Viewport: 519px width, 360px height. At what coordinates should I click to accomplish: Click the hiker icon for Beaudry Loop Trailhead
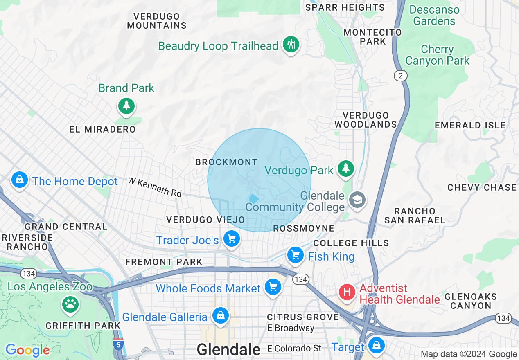(x=291, y=44)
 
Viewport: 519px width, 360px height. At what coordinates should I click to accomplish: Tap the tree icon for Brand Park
(x=126, y=106)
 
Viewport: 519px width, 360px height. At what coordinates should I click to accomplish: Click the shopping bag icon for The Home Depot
(x=19, y=180)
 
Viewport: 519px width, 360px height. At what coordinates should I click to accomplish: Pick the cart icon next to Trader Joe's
(x=232, y=239)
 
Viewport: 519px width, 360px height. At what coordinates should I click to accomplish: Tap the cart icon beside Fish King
(x=295, y=255)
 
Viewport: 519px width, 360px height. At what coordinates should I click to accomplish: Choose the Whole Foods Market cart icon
(x=273, y=287)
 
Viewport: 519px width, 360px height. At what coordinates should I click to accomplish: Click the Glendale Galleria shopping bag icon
(x=220, y=315)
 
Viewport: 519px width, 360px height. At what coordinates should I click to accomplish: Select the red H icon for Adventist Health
(x=347, y=292)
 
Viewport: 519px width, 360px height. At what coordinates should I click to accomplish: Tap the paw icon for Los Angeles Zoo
(x=70, y=304)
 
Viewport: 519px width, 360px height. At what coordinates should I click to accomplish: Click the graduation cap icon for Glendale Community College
(x=357, y=200)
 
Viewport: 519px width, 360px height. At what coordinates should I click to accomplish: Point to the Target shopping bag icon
(x=376, y=346)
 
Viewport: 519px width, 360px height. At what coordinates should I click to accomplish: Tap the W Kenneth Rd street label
(x=154, y=187)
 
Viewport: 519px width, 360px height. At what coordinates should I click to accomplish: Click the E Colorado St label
(x=294, y=349)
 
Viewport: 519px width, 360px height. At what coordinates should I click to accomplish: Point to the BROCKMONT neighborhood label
(x=226, y=162)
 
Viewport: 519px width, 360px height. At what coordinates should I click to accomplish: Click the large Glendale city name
(x=228, y=349)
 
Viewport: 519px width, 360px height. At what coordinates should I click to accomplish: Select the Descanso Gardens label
(x=434, y=15)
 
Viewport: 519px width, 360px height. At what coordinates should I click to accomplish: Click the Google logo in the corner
(x=27, y=350)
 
